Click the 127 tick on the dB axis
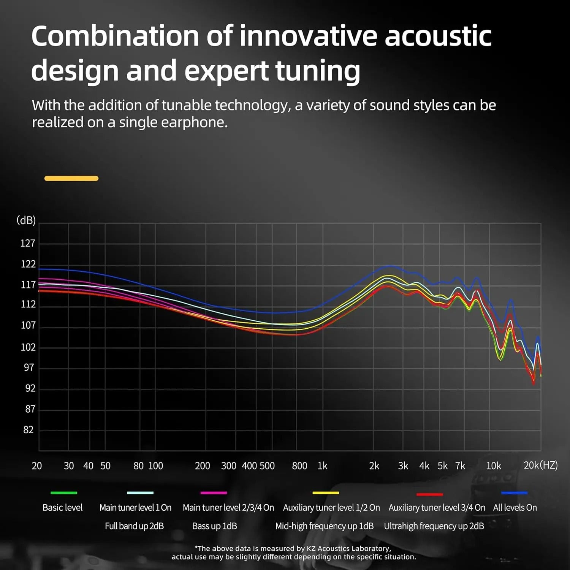pyautogui.click(x=28, y=243)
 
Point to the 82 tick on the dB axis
pyautogui.click(x=28, y=430)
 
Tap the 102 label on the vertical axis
pyautogui.click(x=28, y=347)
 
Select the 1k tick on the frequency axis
pyautogui.click(x=322, y=466)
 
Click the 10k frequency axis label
pyautogui.click(x=493, y=466)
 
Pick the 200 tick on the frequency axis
pyautogui.click(x=202, y=466)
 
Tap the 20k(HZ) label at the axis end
pyautogui.click(x=540, y=465)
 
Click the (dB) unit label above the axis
pyautogui.click(x=26, y=220)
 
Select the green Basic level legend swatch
pyautogui.click(x=64, y=493)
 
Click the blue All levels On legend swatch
pyautogui.click(x=514, y=493)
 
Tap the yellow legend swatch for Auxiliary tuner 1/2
pyautogui.click(x=326, y=493)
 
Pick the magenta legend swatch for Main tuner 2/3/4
pyautogui.click(x=214, y=493)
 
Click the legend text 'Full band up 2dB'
pyautogui.click(x=134, y=526)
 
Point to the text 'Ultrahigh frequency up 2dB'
pyautogui.click(x=434, y=526)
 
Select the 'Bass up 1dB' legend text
pyautogui.click(x=214, y=526)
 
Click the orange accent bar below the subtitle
pyautogui.click(x=71, y=178)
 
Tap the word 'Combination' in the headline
pyautogui.click(x=115, y=36)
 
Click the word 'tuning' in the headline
pyautogui.click(x=317, y=71)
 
